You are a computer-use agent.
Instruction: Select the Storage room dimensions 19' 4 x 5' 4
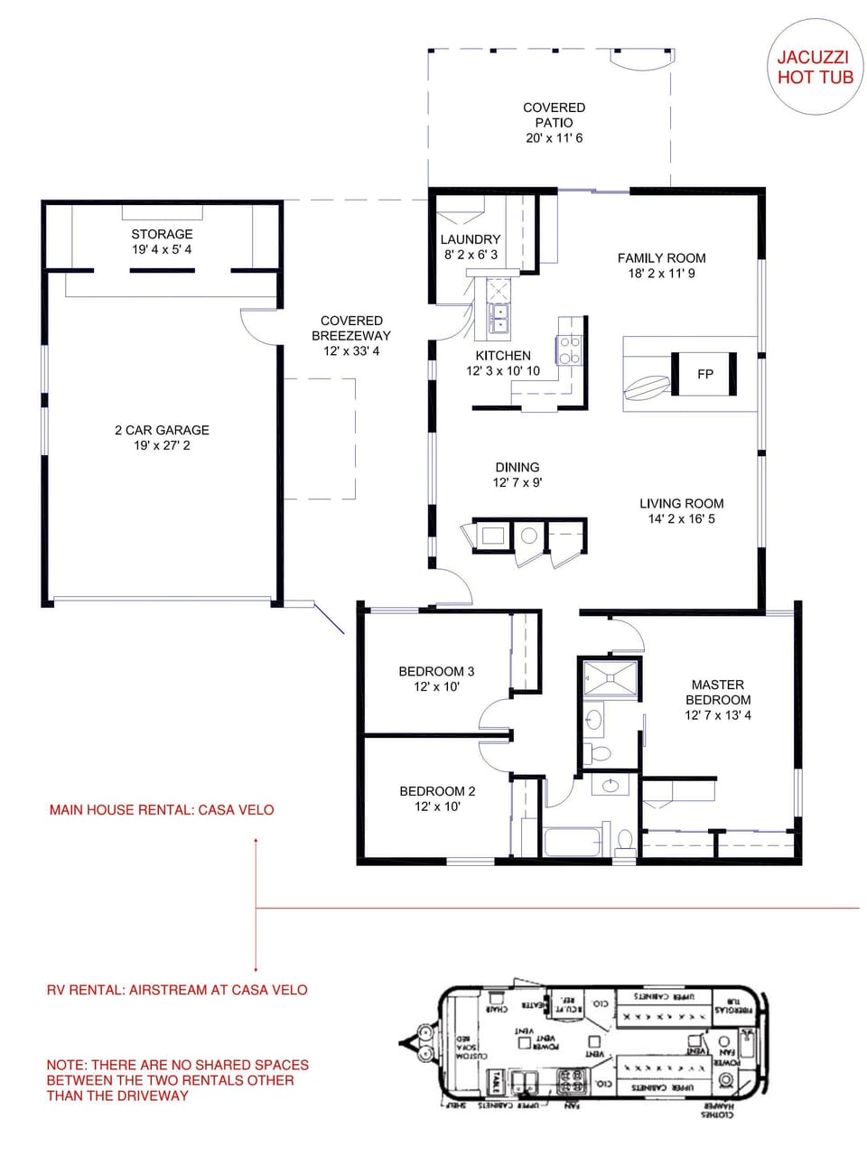[162, 249]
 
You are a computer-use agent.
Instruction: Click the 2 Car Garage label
[162, 430]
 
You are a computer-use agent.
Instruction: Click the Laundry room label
[470, 239]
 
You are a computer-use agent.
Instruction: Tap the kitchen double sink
[499, 318]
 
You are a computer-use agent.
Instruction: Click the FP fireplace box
[704, 374]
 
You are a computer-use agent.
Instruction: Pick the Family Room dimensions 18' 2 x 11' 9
[661, 273]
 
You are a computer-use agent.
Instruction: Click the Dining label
[517, 467]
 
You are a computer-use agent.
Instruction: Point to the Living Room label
[681, 503]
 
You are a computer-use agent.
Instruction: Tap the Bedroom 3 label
[436, 671]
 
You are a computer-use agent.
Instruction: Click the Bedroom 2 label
[437, 791]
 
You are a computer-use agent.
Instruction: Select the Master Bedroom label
[717, 692]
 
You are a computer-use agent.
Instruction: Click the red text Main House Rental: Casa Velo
[162, 810]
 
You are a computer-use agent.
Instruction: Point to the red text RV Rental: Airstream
[177, 990]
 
